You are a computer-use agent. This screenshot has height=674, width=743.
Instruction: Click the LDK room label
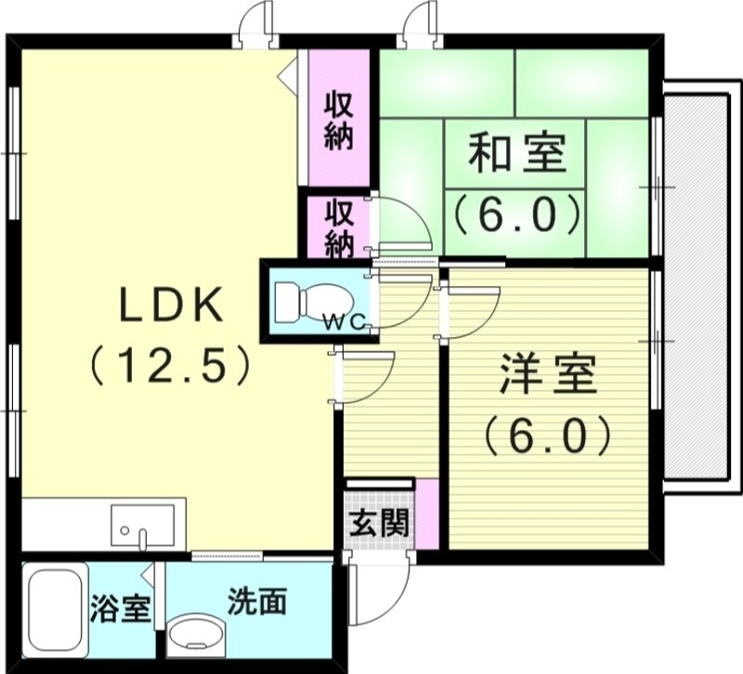tap(169, 305)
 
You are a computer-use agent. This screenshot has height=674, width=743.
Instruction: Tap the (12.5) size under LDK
tap(169, 365)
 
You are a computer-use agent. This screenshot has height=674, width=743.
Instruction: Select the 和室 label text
tap(516, 153)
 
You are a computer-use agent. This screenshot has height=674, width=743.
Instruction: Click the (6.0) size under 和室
tap(516, 215)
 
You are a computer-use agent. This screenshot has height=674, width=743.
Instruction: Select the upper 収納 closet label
tap(339, 122)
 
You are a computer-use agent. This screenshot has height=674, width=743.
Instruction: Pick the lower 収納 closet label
tap(339, 227)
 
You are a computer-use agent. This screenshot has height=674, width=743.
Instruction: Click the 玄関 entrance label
tap(379, 525)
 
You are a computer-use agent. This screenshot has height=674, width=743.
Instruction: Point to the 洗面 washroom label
tap(257, 603)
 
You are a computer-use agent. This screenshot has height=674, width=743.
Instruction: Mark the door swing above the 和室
tap(419, 23)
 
